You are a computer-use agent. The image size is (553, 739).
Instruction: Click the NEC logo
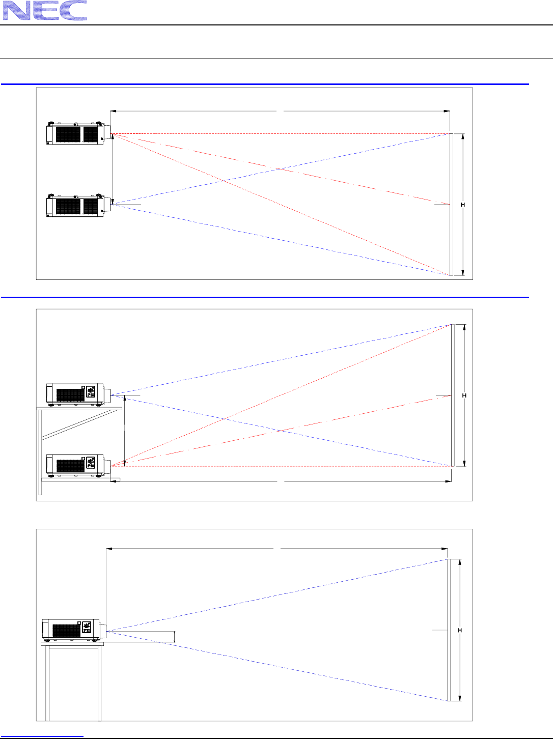coord(45,11)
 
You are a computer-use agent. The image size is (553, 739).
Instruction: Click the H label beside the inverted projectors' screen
coord(463,205)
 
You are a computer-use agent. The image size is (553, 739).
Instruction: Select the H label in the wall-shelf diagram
coord(464,395)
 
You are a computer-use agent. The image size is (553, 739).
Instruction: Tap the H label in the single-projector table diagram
coord(460,631)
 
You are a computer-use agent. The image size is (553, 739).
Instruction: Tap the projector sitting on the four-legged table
coord(72,630)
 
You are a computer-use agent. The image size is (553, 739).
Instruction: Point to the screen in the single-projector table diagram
coord(449,630)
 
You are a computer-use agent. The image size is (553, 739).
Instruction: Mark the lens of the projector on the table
coord(103,630)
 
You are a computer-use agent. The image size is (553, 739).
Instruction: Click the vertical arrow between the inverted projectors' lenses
coord(113,169)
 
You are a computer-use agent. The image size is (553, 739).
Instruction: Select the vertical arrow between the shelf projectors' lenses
coord(125,430)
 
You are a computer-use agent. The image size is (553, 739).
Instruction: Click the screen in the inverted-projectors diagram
coord(451,205)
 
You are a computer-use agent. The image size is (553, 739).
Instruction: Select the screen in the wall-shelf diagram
coord(452,395)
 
